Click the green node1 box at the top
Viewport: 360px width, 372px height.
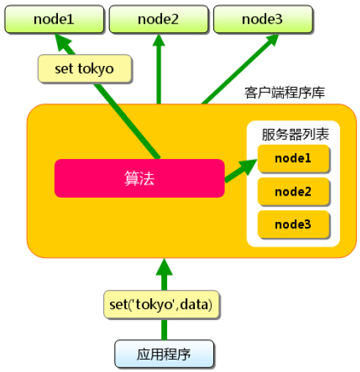[x=54, y=19]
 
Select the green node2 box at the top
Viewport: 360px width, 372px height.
[x=158, y=19]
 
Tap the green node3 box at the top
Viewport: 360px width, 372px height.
[x=263, y=19]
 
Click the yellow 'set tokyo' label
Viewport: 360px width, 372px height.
[x=85, y=69]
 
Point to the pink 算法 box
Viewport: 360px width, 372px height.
[x=139, y=178]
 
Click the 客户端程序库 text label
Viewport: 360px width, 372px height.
[x=284, y=93]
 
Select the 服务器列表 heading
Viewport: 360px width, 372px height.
[x=295, y=134]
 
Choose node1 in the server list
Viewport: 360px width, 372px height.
[x=293, y=158]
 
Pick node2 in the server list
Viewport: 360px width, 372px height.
[x=293, y=192]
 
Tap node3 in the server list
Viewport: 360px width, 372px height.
[x=293, y=224]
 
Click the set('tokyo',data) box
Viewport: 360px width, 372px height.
[x=161, y=305]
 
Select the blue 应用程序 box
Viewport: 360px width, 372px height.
[x=164, y=354]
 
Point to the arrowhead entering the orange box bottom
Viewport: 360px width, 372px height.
[x=164, y=267]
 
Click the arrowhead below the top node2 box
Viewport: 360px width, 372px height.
[x=159, y=40]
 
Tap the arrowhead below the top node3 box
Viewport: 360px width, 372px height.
[x=271, y=40]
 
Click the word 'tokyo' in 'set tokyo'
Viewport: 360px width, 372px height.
[x=96, y=69]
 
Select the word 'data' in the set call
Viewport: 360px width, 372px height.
[x=194, y=305]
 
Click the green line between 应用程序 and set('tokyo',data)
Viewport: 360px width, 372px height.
[x=164, y=330]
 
